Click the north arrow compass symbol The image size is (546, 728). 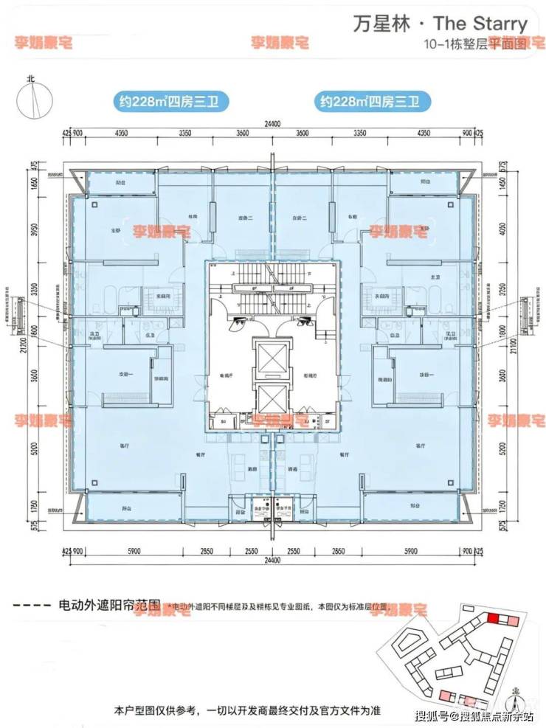31,95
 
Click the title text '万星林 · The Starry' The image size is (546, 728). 440,24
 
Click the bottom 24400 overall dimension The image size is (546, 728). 272,561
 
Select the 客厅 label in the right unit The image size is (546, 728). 421,446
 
